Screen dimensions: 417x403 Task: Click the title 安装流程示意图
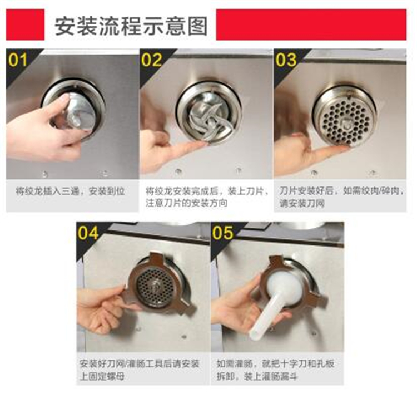[131, 26]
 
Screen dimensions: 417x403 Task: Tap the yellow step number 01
[18, 60]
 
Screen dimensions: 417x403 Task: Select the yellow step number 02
[152, 60]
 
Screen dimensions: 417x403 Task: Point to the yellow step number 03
[286, 60]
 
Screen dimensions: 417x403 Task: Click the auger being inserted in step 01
[78, 112]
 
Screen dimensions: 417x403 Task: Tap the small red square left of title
[25, 24]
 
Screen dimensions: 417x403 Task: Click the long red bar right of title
[311, 24]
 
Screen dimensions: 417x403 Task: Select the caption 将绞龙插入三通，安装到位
[70, 191]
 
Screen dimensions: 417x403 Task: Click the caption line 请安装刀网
[302, 203]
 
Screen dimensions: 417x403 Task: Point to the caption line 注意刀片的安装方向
[186, 203]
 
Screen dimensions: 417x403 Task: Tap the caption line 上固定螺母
[102, 376]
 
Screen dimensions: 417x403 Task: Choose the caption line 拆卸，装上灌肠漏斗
[257, 376]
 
